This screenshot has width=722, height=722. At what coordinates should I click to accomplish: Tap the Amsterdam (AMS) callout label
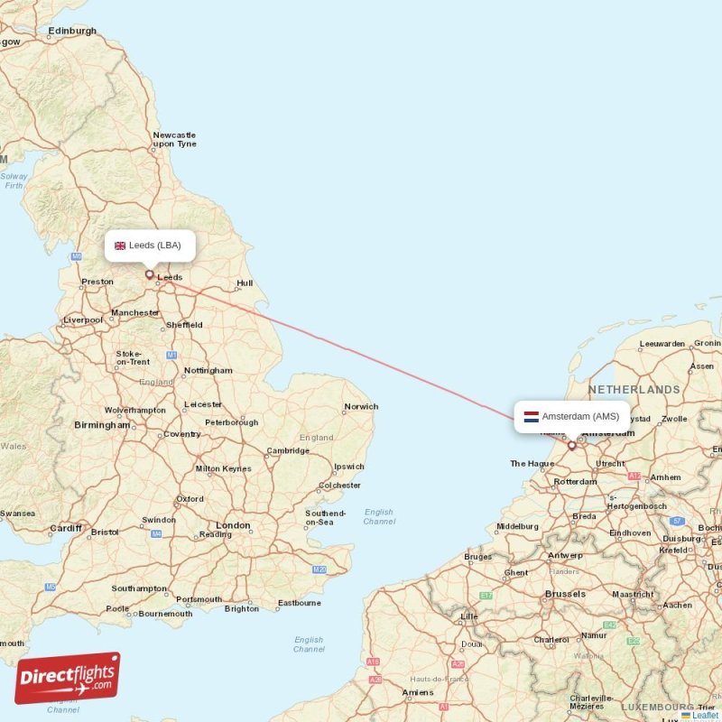(572, 417)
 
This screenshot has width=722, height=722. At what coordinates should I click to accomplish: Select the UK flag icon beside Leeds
(120, 245)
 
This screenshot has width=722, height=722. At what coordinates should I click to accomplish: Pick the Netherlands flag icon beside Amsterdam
(532, 417)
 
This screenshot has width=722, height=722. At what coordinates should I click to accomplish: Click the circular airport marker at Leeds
(150, 274)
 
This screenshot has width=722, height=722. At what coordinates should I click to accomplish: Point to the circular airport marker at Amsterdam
(571, 445)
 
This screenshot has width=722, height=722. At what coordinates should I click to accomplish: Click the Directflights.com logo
(68, 678)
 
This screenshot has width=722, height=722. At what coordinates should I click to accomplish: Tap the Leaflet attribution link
(705, 715)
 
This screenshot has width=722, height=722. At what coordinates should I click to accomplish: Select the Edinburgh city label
(72, 31)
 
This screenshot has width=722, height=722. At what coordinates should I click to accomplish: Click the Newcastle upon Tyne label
(174, 139)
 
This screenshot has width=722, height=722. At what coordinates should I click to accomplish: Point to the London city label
(233, 525)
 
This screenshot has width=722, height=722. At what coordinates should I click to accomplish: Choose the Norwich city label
(361, 407)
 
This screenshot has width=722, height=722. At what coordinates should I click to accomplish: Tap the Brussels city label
(565, 594)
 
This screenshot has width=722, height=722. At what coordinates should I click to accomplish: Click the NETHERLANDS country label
(634, 390)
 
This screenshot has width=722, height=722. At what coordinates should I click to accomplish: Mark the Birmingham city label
(102, 424)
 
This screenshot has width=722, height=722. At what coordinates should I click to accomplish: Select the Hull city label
(245, 283)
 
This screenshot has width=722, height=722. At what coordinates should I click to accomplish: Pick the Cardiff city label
(66, 528)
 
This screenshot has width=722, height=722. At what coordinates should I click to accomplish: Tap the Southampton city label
(139, 588)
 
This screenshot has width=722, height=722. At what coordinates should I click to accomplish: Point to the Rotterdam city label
(576, 482)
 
